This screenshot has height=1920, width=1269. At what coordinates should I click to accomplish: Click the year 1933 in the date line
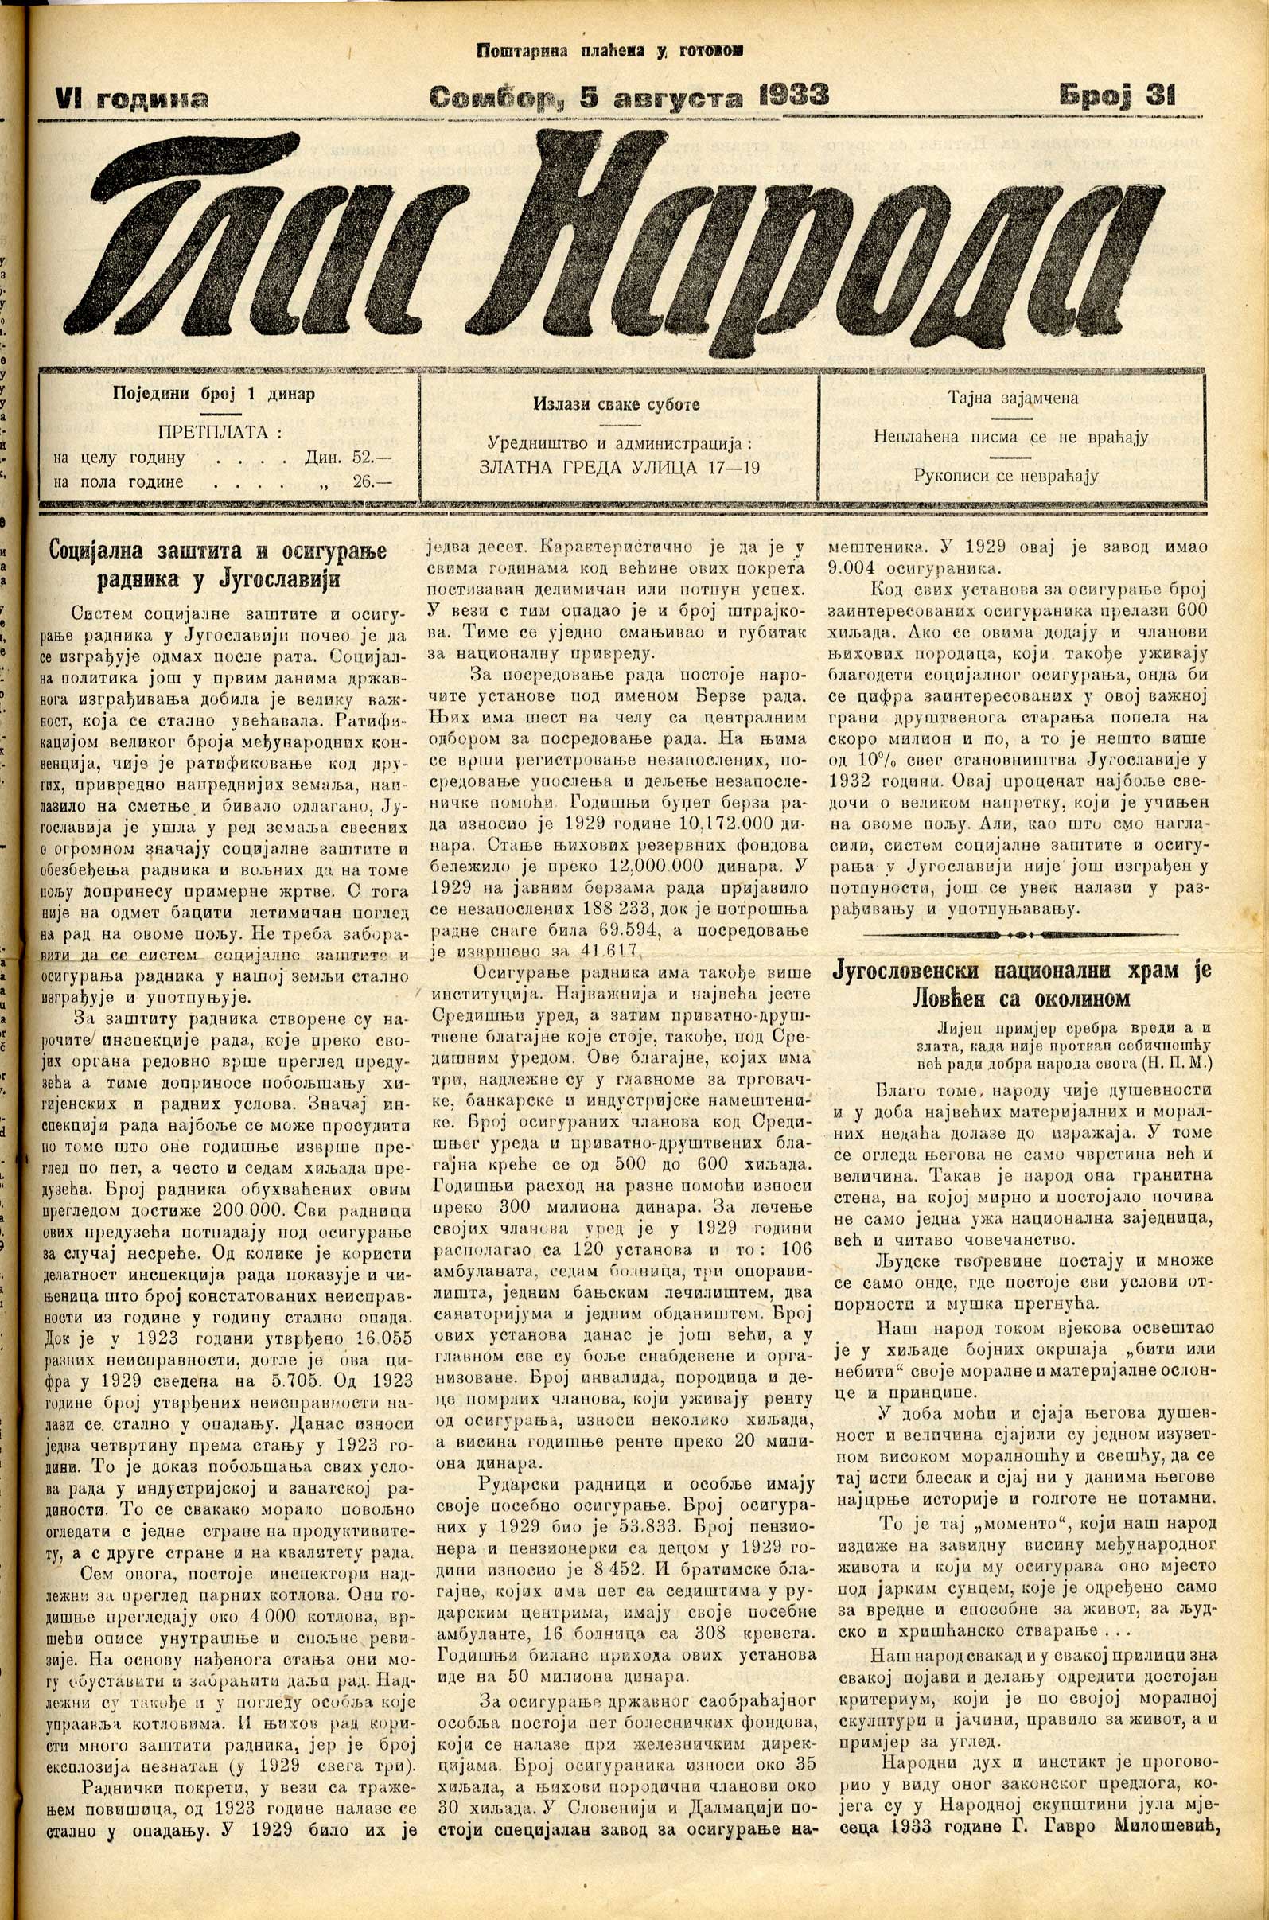click(794, 96)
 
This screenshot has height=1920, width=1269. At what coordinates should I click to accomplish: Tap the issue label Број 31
click(1117, 96)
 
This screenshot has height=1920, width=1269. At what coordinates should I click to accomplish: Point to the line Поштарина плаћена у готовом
click(610, 50)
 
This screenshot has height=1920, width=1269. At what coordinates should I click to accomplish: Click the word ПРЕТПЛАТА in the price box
click(214, 431)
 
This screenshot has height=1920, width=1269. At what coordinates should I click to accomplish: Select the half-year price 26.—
click(372, 481)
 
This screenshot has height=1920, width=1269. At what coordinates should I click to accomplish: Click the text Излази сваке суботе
click(616, 405)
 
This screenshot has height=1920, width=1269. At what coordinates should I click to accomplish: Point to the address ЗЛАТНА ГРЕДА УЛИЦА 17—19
click(619, 468)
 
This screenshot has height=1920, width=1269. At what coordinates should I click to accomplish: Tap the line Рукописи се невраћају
click(1006, 475)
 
